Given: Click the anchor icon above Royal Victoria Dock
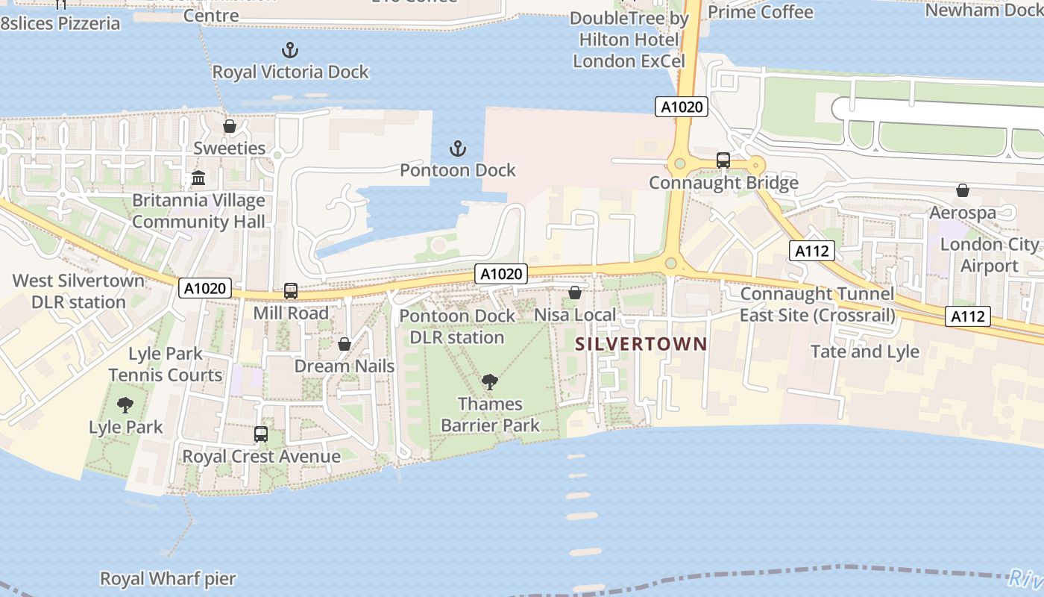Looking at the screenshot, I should [x=289, y=51].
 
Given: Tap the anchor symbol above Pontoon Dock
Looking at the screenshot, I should [x=458, y=149].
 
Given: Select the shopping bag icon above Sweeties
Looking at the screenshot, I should [x=230, y=126].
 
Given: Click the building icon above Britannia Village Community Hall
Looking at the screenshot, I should [x=198, y=178].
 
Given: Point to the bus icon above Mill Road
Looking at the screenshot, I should [x=291, y=291].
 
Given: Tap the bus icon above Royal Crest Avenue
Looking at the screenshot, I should [x=261, y=434].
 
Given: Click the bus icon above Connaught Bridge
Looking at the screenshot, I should [x=723, y=160].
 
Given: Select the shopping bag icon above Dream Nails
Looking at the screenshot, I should [x=345, y=344].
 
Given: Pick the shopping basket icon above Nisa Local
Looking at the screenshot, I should [x=575, y=293].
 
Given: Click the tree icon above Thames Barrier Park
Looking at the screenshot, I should [x=490, y=382].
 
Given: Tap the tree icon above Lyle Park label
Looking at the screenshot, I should [x=125, y=405].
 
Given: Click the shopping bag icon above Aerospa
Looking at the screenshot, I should [x=963, y=191].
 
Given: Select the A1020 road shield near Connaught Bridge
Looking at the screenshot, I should [x=682, y=107].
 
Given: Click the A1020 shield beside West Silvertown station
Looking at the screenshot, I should [x=205, y=288].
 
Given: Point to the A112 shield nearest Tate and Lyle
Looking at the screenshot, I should [x=969, y=316].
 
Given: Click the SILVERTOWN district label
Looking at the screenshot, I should [x=641, y=344].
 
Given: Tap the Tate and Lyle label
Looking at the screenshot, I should [x=864, y=351].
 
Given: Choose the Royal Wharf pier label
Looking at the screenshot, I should [x=168, y=578].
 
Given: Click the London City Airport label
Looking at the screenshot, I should [x=989, y=255].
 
